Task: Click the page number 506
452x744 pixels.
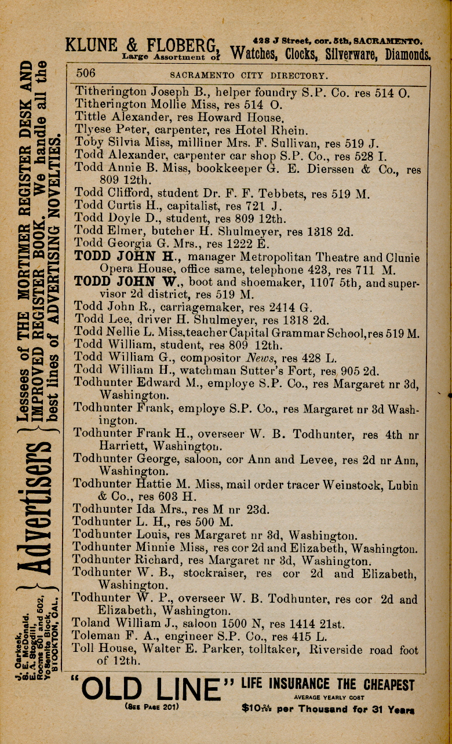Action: click(85, 73)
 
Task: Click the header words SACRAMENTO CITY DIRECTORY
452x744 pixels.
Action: click(249, 75)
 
